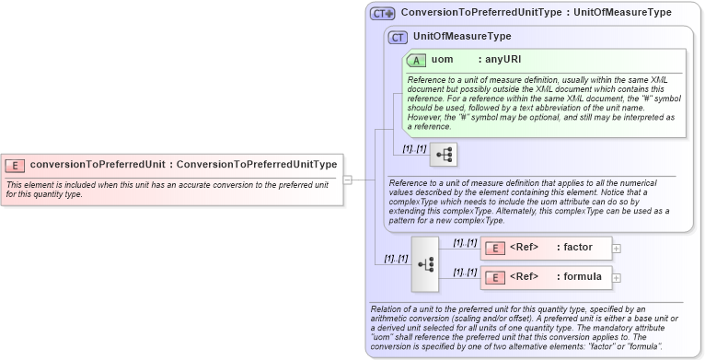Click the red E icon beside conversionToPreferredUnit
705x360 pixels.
[15, 165]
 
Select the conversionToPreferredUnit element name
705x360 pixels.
[98, 165]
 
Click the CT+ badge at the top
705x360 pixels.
[382, 14]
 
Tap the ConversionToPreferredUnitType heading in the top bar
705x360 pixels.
[480, 13]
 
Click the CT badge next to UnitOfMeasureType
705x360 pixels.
[398, 37]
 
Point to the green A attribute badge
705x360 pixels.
[416, 60]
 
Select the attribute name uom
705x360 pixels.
[443, 60]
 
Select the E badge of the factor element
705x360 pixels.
[494, 248]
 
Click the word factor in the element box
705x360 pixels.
[578, 248]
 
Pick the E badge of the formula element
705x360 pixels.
[494, 277]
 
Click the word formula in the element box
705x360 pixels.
[583, 277]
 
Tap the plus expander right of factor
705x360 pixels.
[617, 248]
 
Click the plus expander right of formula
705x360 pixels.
[617, 277]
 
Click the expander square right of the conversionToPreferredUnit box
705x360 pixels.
[347, 180]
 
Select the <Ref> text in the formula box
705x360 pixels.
[524, 277]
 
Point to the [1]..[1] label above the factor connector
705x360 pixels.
[465, 242]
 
